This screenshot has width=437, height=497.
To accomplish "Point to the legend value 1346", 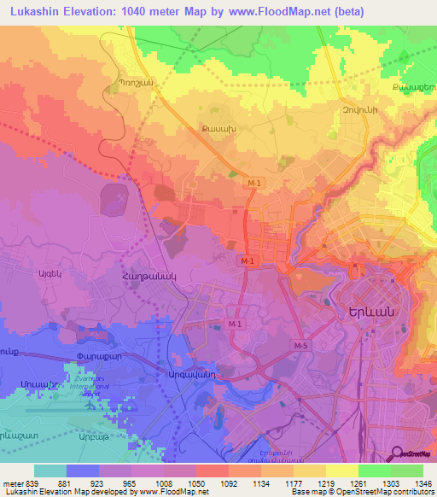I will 414,484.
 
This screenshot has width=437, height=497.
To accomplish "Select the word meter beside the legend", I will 11,484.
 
